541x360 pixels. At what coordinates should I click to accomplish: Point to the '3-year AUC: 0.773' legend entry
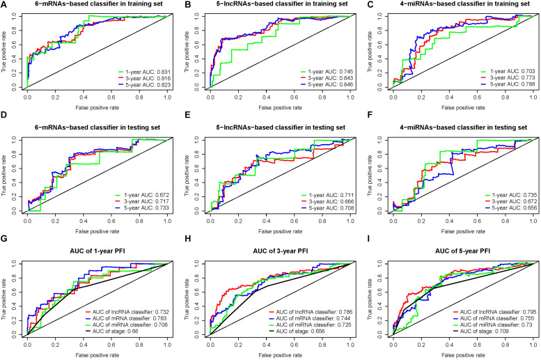pos(501,79)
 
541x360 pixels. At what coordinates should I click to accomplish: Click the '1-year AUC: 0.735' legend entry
pos(501,191)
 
